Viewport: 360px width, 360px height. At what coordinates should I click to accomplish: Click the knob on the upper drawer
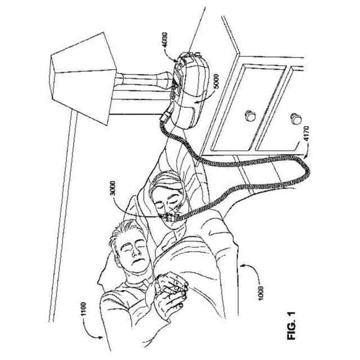(x=249, y=116)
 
